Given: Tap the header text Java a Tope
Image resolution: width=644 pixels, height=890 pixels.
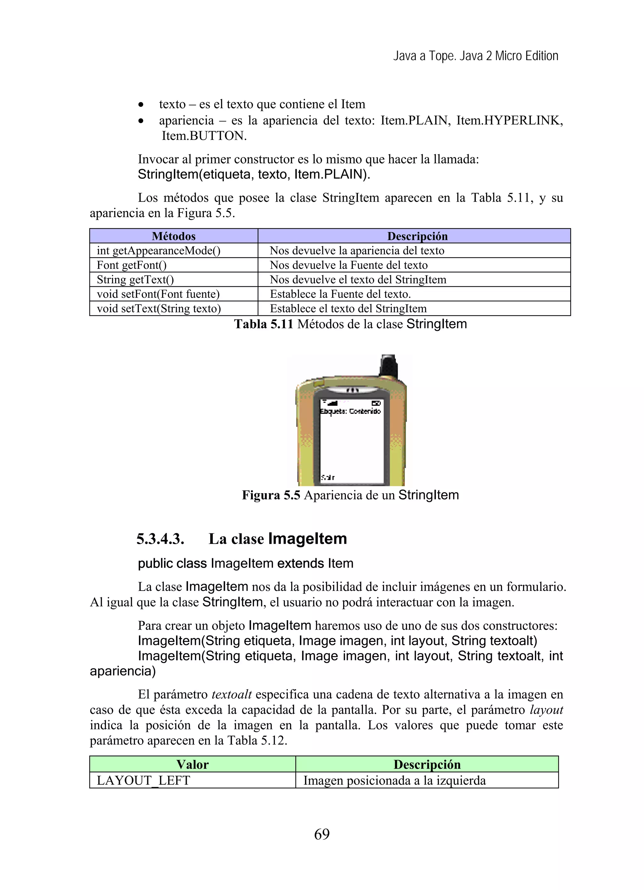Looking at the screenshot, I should coord(425,56).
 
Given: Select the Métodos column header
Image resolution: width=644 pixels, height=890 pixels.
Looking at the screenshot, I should coord(174,236).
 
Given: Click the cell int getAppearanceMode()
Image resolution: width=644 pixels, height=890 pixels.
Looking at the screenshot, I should coord(158,250).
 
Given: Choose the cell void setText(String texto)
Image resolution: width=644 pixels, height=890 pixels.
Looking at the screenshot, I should coord(158,309).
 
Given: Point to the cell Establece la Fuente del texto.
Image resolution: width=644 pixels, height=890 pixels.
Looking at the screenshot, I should coord(340,294).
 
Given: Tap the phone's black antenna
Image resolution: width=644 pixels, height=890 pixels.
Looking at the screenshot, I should coord(388,365).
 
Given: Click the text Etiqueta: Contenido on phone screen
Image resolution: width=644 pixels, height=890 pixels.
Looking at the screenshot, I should coord(350,411).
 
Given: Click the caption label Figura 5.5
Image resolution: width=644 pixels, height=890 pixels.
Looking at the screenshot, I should coord(271,495).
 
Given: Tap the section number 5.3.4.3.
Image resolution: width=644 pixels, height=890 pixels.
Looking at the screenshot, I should coord(160,539).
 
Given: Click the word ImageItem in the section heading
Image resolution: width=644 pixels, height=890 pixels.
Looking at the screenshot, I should coord(308,539).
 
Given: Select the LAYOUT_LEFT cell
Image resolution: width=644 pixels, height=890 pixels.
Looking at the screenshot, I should coord(143,781).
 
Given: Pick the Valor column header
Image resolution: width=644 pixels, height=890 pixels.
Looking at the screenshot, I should coord(192,765).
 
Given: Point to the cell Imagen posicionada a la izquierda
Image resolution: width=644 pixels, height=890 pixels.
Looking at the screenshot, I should coord(394,781).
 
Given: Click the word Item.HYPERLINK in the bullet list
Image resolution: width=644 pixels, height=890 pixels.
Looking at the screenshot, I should coord(509,120).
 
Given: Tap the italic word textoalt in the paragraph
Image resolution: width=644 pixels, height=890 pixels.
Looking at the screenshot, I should coord(231,695).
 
